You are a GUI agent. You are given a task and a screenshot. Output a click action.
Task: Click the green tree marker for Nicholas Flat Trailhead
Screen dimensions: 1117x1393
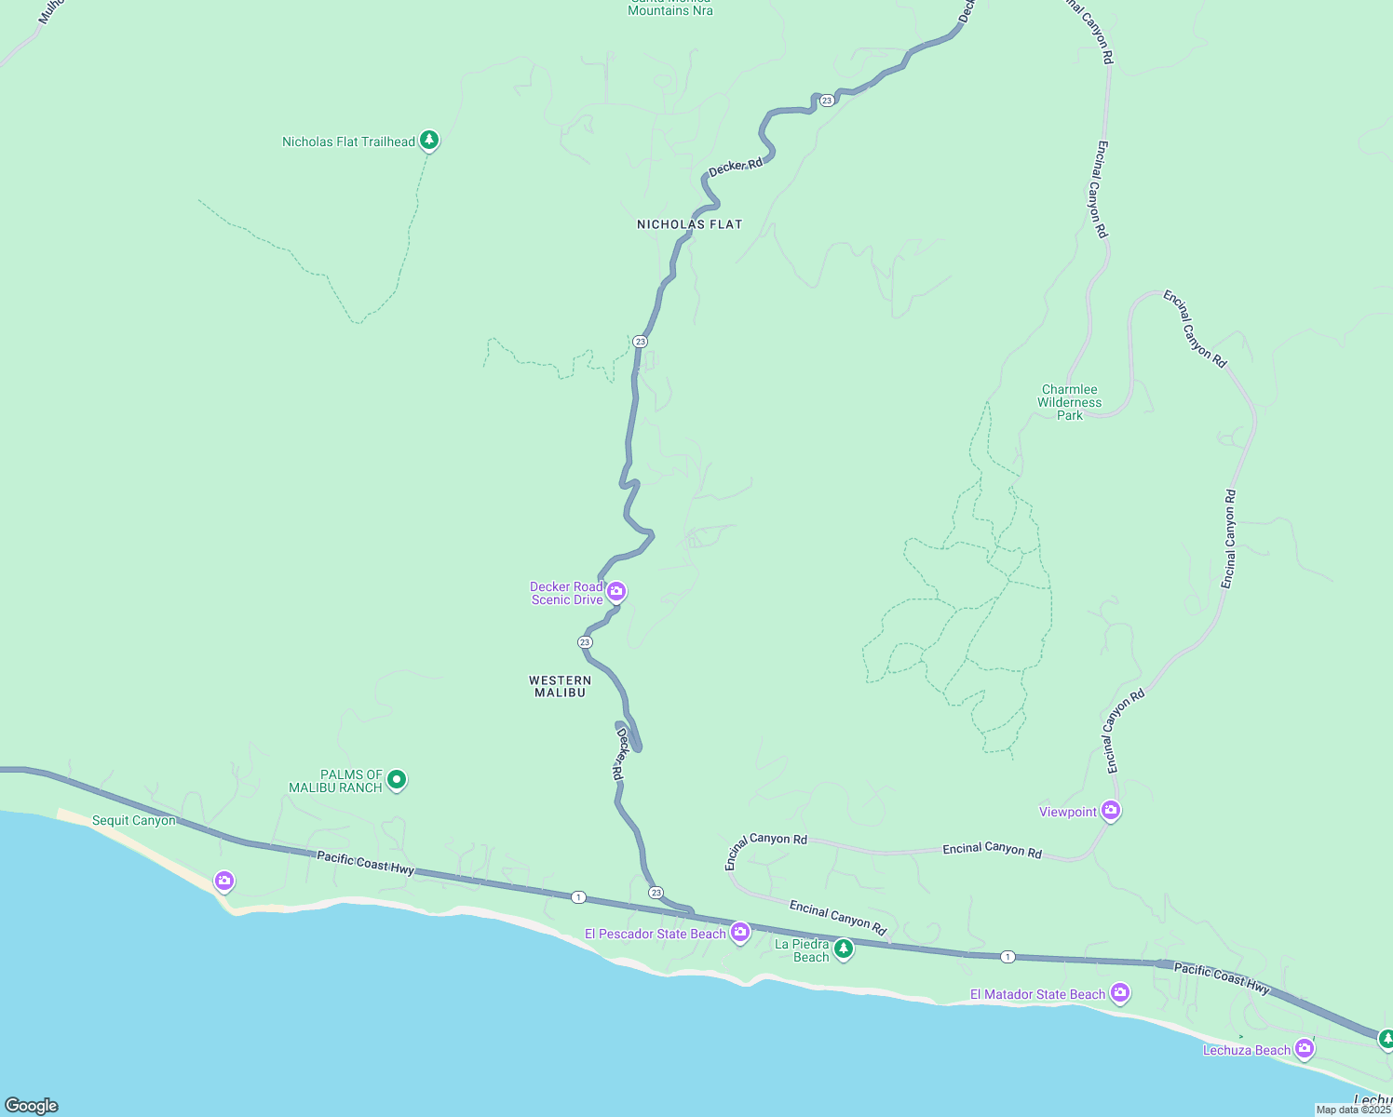[x=428, y=141]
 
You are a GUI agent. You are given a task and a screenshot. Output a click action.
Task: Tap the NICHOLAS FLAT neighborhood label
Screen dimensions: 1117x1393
[x=689, y=224]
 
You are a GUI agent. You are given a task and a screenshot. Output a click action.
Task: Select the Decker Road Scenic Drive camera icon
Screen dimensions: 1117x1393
[x=616, y=591]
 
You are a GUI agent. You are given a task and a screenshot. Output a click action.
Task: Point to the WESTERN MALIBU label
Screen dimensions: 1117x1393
[x=560, y=686]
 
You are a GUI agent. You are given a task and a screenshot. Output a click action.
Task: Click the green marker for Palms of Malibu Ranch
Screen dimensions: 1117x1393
[x=397, y=780]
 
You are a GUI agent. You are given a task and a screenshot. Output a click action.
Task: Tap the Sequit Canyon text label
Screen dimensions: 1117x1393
[x=133, y=821]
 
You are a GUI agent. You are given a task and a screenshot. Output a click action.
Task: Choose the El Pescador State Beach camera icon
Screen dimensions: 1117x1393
[x=740, y=933]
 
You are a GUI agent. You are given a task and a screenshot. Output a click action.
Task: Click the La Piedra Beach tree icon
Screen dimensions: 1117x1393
[x=843, y=949]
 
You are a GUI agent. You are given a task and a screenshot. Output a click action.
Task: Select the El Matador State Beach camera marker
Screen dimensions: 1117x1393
[x=1120, y=993]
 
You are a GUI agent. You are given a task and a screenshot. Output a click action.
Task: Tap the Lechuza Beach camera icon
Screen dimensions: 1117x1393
[x=1305, y=1049]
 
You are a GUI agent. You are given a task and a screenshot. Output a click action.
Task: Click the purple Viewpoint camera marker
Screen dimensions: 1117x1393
[x=1110, y=811]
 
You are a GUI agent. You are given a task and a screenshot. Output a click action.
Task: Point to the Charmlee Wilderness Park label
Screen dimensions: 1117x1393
[x=1070, y=403]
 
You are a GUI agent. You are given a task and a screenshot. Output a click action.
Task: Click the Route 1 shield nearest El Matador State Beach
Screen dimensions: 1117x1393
[x=1008, y=957]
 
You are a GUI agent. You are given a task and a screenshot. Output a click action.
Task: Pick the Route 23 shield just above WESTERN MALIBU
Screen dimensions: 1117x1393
[x=585, y=642]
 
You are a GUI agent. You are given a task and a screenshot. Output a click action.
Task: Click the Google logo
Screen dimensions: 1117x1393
[x=32, y=1106]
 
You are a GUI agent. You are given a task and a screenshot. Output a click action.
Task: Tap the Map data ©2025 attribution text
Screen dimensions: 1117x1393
[x=1353, y=1110]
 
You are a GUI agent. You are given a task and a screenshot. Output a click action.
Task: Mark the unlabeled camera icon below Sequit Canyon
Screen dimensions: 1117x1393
[x=223, y=880]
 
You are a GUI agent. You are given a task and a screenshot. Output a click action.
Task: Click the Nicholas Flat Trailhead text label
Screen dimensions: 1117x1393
[x=348, y=141]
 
